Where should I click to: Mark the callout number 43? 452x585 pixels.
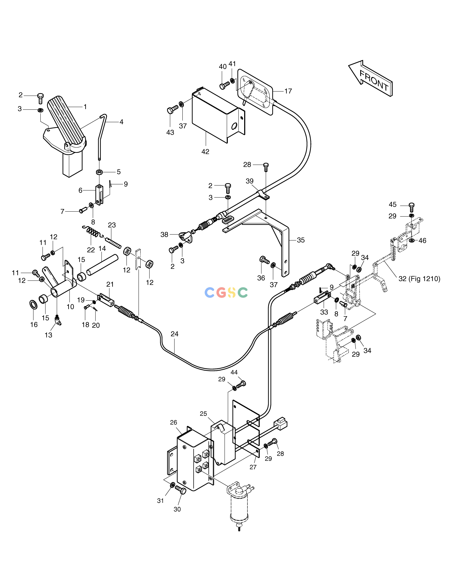[170, 132]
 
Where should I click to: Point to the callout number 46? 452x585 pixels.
[422, 240]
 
